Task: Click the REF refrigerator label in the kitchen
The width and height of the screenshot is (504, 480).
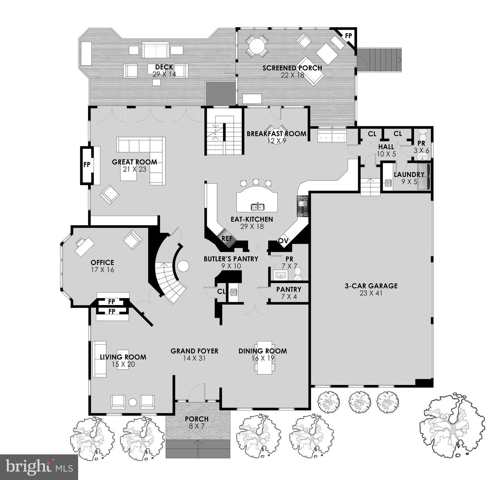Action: pyautogui.click(x=227, y=238)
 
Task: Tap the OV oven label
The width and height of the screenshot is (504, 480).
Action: pyautogui.click(x=283, y=241)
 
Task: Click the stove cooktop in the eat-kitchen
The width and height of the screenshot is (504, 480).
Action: pyautogui.click(x=303, y=206)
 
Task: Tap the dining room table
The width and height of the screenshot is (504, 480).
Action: pyautogui.click(x=265, y=357)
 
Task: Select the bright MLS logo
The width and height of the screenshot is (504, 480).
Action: pyautogui.click(x=39, y=467)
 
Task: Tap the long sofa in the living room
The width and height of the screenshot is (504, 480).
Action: pyautogui.click(x=99, y=359)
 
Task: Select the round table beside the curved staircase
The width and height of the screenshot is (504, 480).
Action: pyautogui.click(x=183, y=266)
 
